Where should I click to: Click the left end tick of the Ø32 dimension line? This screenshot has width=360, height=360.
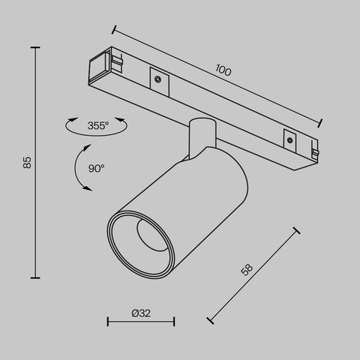pos(108,322)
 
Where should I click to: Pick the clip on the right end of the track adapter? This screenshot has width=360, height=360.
pos(315,152)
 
